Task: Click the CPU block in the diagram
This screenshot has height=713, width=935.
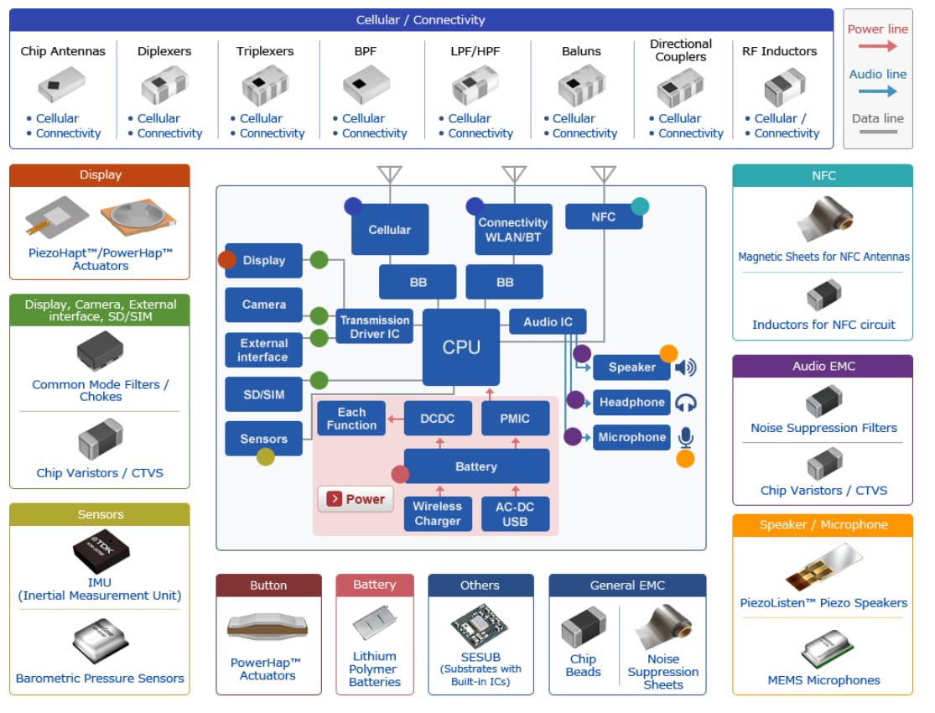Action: [461, 347]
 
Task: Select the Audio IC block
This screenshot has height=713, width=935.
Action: [548, 322]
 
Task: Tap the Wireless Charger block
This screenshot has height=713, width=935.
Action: [437, 513]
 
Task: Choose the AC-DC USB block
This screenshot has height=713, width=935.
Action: [515, 513]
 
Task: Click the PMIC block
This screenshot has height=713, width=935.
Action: [515, 418]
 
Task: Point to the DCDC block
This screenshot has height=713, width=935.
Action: [437, 418]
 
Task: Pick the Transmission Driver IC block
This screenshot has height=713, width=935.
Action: [375, 327]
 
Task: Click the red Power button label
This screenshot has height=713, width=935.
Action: [356, 499]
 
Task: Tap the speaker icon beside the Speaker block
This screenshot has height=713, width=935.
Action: [686, 367]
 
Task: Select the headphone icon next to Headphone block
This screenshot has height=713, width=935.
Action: [686, 403]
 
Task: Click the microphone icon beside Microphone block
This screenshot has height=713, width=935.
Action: [686, 437]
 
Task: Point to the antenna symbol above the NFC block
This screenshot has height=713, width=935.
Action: [603, 174]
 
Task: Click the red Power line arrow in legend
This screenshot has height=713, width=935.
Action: [878, 47]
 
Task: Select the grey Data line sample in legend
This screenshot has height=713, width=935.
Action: [878, 132]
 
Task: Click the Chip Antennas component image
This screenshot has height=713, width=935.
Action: [62, 85]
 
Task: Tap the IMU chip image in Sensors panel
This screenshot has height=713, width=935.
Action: [100, 550]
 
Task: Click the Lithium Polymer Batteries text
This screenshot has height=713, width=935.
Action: [374, 669]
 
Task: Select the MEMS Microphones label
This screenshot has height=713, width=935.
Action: [823, 680]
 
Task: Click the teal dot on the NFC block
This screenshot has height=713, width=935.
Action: [640, 206]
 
